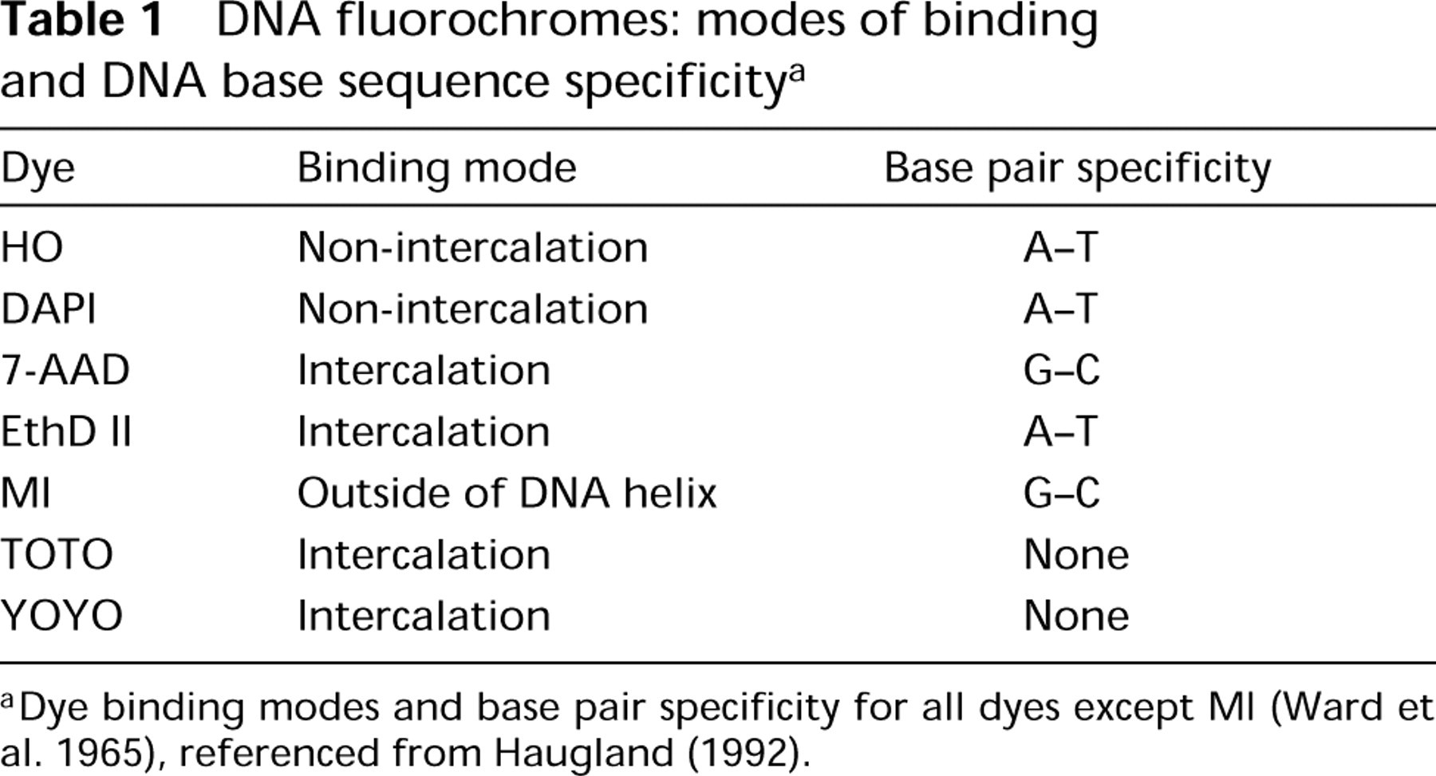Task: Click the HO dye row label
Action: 32,247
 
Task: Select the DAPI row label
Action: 48,309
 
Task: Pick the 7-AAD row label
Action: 65,370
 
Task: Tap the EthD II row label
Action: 65,431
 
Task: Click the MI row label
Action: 26,493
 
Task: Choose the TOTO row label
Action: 57,554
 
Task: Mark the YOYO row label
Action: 61,616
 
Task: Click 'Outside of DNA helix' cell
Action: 507,493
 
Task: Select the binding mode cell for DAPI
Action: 472,309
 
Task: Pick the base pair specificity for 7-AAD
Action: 1062,370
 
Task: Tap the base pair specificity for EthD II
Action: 1061,431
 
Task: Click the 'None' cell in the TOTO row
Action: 1076,554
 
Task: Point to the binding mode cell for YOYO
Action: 424,616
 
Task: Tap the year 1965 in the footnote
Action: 105,753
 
